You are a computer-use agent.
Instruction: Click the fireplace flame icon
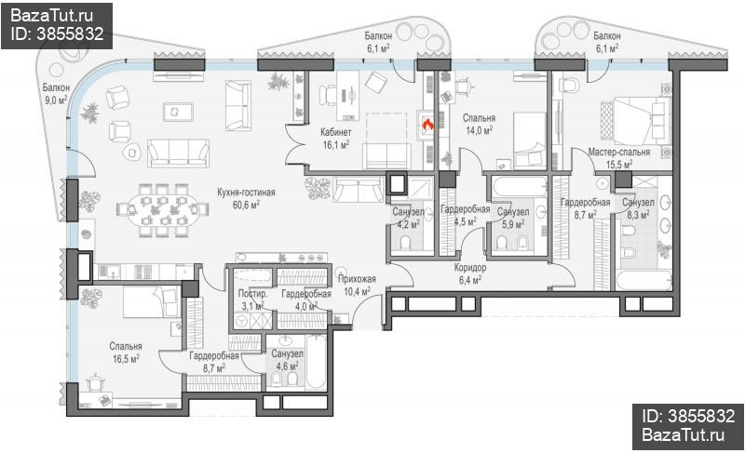tap(427, 125)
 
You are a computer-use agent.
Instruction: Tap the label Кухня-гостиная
tap(246, 193)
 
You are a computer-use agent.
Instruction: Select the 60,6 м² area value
tap(246, 205)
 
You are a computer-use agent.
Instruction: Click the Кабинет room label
tap(336, 132)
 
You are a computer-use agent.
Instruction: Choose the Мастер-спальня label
tap(619, 153)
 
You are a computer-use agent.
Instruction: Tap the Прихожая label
tap(357, 279)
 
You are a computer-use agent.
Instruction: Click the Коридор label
tap(470, 268)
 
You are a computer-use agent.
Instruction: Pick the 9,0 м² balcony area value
tap(56, 100)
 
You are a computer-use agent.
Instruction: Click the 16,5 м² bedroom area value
tap(126, 359)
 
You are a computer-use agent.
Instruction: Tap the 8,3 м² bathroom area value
tap(638, 215)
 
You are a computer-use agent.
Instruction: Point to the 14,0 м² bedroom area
tap(479, 130)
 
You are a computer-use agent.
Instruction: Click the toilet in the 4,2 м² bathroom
tap(406, 244)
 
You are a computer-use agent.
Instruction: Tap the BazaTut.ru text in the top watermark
tap(51, 16)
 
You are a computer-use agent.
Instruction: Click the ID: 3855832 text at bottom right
tap(688, 416)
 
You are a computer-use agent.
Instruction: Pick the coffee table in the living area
tap(178, 112)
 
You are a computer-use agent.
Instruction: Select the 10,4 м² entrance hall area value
tap(357, 291)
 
